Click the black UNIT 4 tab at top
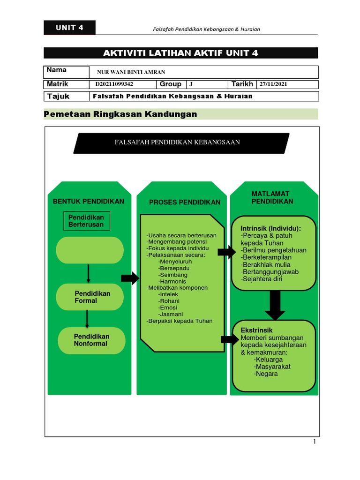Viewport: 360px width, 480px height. point(69,28)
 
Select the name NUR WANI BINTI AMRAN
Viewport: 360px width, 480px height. point(131,72)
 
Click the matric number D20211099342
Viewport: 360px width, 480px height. point(114,84)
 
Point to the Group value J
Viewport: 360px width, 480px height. point(191,84)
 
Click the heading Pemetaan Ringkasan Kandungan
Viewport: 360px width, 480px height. point(120,114)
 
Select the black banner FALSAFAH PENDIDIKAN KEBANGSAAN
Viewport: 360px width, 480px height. point(181,142)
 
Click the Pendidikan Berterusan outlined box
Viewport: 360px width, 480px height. point(87,221)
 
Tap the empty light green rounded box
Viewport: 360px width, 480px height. point(90,250)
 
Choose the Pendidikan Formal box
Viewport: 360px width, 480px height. point(90,297)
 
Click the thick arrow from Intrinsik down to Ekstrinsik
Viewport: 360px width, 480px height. point(275,305)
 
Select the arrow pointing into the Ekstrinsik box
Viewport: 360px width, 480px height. point(229,340)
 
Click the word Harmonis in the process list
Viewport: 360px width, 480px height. point(172,281)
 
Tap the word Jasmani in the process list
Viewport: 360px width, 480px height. point(171,314)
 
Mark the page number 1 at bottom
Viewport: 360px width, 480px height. point(315,442)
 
